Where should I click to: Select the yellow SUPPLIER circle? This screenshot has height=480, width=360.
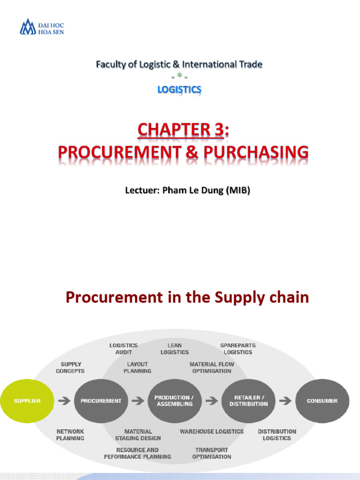click(27, 401)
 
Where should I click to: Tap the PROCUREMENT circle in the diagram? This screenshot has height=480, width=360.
click(101, 401)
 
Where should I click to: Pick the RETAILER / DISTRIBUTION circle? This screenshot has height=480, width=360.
click(248, 401)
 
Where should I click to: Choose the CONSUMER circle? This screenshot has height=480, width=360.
click(322, 401)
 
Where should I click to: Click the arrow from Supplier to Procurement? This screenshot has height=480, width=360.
click(64, 401)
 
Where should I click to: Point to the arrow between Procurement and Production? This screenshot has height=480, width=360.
click(138, 401)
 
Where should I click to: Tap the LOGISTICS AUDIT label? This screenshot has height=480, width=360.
click(124, 349)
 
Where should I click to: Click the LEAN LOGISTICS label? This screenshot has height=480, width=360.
click(174, 349)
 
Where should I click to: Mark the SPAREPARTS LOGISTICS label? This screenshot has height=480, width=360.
click(238, 349)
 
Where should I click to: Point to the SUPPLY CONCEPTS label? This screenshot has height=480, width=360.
click(70, 367)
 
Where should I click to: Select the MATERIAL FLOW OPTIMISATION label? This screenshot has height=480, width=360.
click(211, 367)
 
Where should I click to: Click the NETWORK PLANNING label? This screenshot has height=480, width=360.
click(70, 435)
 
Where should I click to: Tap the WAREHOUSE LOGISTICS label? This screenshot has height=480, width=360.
click(211, 431)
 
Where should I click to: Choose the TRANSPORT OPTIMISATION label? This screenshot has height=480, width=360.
click(211, 453)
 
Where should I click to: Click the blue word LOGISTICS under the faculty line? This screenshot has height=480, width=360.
click(180, 89)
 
